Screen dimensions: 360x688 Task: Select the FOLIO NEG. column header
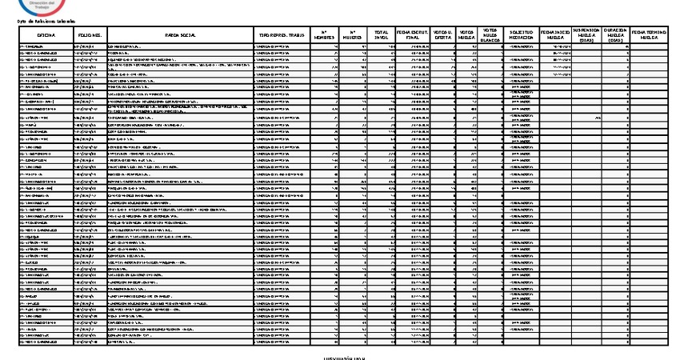(89, 36)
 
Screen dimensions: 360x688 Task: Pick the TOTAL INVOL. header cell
(381, 36)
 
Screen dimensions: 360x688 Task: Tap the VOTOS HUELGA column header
(466, 36)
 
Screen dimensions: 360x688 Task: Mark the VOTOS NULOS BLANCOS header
(490, 36)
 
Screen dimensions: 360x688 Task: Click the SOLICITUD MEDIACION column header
(521, 36)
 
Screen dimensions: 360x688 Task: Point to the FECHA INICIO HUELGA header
(557, 36)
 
